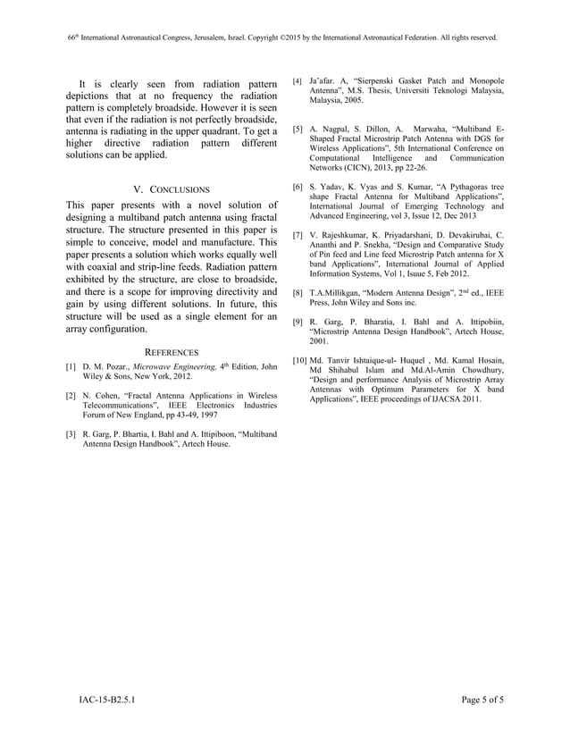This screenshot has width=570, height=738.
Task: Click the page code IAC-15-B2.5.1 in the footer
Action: point(102,699)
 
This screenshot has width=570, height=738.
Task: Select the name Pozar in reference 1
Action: point(113,367)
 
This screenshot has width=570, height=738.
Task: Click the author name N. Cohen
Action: point(101,394)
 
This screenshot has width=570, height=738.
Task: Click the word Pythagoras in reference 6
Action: point(445,188)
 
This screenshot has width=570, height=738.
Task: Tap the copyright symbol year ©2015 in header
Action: point(298,38)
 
